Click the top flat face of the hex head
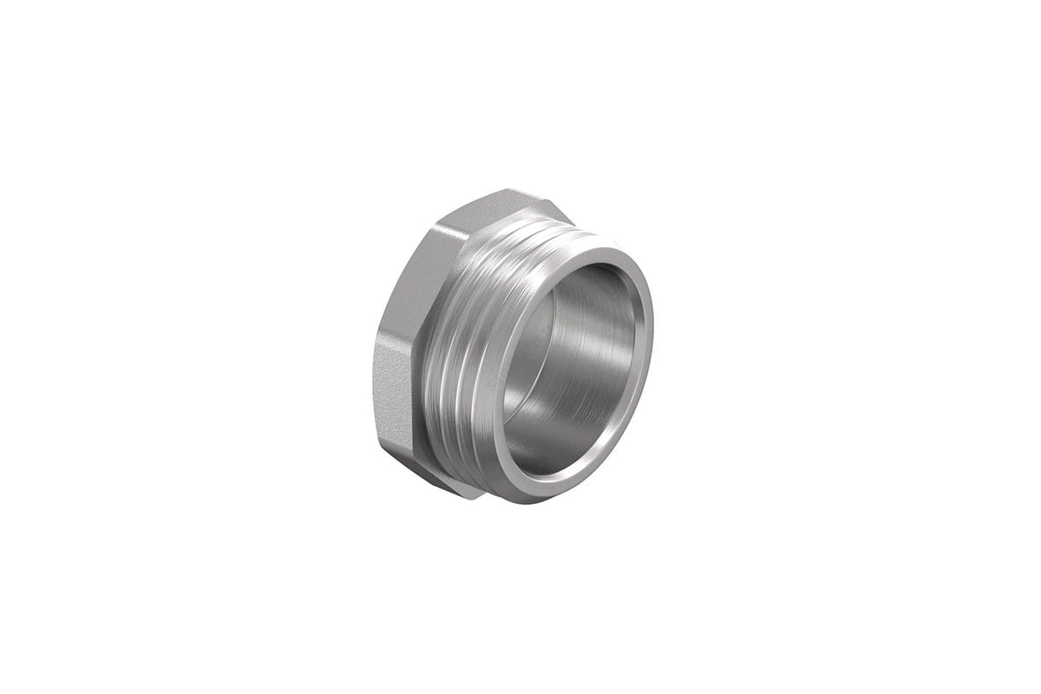[x=503, y=204]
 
